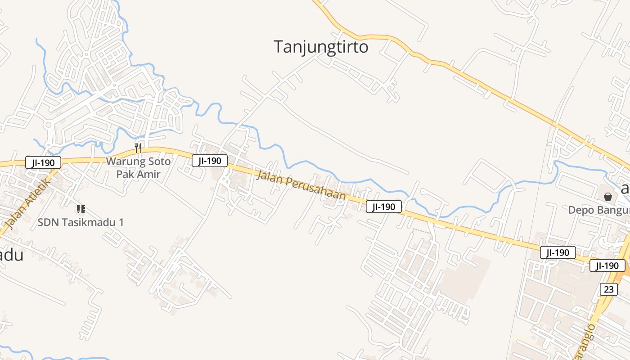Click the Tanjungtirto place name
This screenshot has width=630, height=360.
click(321, 47)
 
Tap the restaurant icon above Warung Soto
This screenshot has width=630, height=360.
click(139, 148)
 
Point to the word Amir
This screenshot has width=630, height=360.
click(149, 174)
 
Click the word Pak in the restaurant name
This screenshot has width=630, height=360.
click(126, 174)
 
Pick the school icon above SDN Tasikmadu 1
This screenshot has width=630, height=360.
click(81, 209)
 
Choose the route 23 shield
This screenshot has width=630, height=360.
click(608, 289)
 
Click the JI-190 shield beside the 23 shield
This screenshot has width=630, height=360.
click(607, 265)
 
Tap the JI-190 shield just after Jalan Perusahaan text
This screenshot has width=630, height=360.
click(383, 207)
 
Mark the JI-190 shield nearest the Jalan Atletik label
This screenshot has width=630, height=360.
click(43, 162)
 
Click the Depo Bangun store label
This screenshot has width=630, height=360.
click(598, 210)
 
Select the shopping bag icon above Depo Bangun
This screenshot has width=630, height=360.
click(608, 197)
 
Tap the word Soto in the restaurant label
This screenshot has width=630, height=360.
click(160, 161)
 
